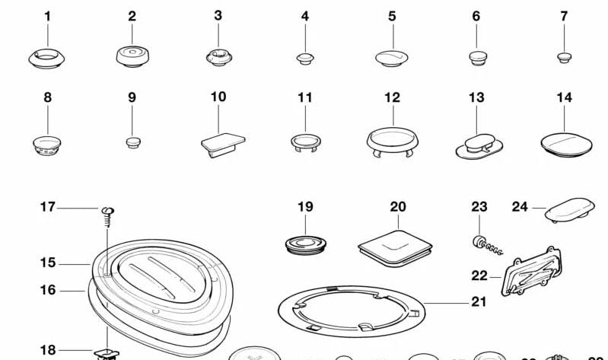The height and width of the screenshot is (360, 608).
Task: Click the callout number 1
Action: [47, 16]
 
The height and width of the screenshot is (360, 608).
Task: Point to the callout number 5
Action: [392, 16]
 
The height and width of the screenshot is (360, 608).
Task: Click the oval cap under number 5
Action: [393, 57]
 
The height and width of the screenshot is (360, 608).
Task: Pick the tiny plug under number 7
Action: [564, 56]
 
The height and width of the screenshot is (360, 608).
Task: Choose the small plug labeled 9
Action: [132, 141]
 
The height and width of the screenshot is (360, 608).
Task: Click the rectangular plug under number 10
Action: [223, 143]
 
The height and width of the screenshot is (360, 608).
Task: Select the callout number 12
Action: [392, 97]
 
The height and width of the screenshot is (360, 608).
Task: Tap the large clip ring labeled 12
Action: [393, 140]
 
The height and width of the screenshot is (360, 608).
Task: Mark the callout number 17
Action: [48, 207]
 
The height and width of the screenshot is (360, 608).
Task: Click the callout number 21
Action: [478, 302]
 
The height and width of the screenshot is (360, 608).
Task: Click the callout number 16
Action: [48, 290]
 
